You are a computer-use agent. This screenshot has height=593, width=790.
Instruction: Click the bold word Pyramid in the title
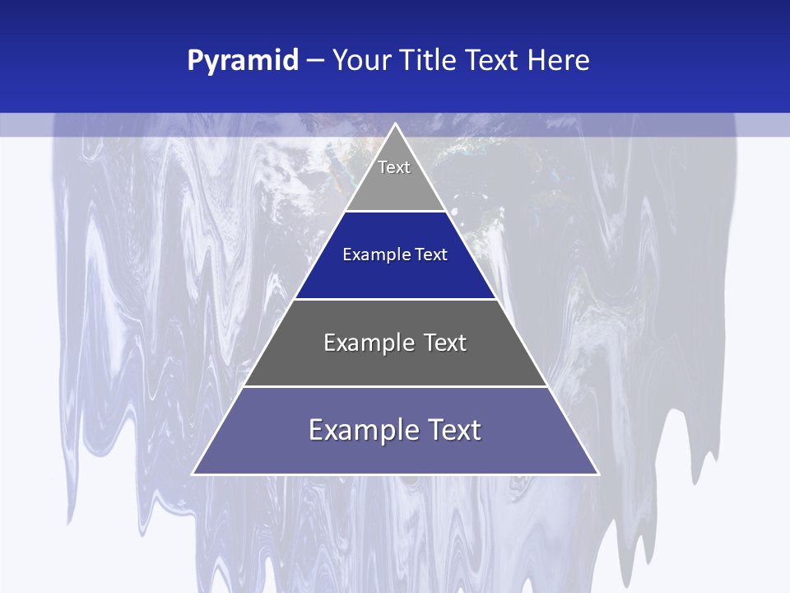click(x=243, y=61)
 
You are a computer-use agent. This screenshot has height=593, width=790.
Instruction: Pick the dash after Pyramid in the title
click(x=315, y=61)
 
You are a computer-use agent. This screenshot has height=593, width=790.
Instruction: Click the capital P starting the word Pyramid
click(x=195, y=60)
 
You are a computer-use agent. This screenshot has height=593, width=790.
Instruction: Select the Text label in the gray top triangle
click(x=394, y=167)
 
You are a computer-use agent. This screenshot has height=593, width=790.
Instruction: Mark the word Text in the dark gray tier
click(x=445, y=343)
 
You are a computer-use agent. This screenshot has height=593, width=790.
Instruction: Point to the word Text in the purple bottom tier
click(x=455, y=430)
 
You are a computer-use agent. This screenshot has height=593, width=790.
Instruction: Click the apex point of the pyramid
click(x=396, y=124)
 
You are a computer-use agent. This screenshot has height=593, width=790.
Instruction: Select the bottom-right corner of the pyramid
click(x=597, y=474)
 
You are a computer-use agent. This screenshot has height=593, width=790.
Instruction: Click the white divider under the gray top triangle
click(x=396, y=211)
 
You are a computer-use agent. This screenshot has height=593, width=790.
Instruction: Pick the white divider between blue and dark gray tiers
click(x=396, y=299)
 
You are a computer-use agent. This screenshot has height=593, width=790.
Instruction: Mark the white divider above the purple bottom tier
click(x=396, y=386)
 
